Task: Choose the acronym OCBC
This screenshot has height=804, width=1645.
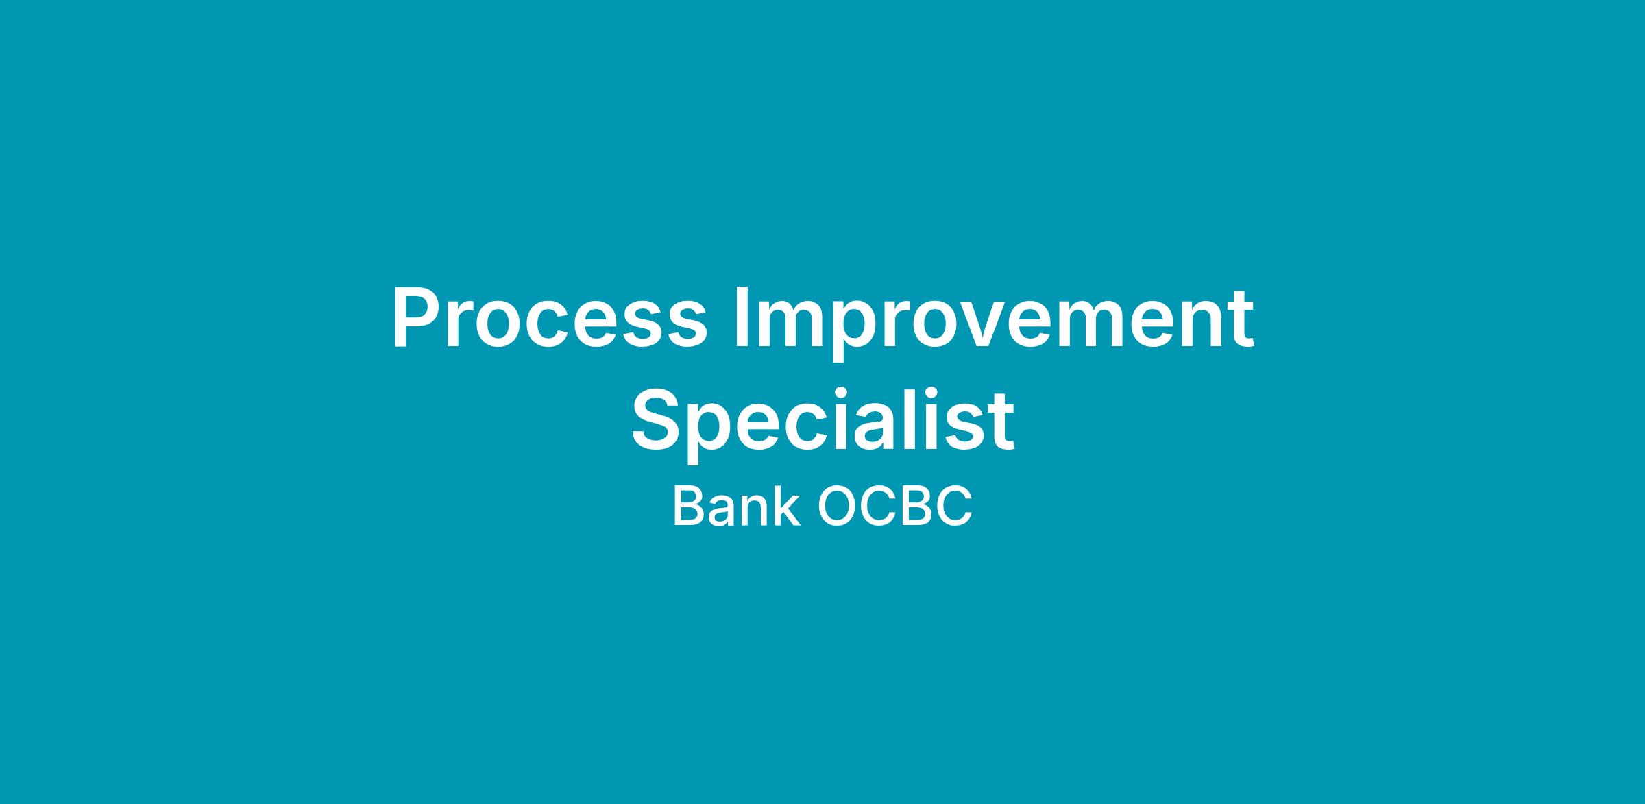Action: tap(894, 507)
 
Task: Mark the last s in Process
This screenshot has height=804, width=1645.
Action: tap(686, 327)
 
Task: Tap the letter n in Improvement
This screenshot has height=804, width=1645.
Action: tap(1198, 326)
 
